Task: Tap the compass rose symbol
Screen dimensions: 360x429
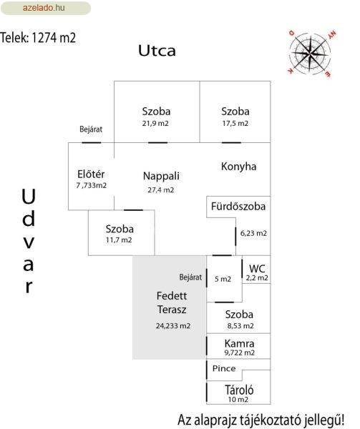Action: (310, 53)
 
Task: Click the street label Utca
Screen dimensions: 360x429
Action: (157, 51)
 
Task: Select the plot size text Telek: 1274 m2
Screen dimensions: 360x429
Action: (38, 38)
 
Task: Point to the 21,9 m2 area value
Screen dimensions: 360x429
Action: (155, 124)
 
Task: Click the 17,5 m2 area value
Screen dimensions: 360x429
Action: (235, 124)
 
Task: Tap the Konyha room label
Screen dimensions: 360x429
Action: (239, 167)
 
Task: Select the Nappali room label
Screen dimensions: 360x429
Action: (161, 176)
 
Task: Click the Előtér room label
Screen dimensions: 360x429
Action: (91, 174)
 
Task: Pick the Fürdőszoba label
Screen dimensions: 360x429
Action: (238, 207)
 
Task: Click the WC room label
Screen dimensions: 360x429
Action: (257, 269)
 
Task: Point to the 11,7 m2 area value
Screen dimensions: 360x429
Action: (119, 240)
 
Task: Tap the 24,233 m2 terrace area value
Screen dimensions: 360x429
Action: (173, 326)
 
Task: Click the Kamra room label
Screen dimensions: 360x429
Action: (239, 343)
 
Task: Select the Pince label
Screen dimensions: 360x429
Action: (224, 368)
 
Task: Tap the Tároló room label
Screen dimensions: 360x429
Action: (239, 390)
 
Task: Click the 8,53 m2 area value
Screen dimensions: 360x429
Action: (240, 326)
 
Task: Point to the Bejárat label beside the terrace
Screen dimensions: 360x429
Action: (190, 277)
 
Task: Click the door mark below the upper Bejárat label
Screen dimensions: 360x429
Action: (92, 142)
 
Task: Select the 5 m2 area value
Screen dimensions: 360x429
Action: (223, 279)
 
